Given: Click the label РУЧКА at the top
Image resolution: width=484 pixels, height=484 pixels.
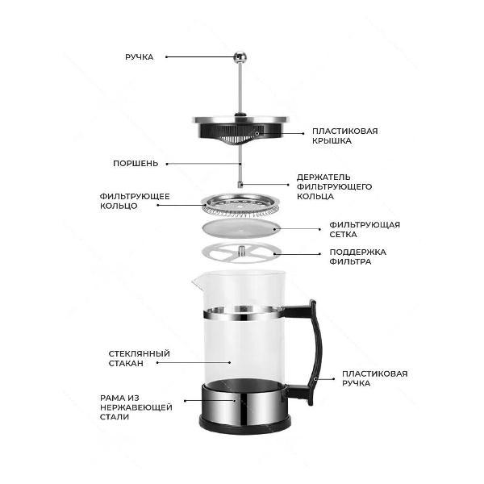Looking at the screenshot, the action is click(x=140, y=57).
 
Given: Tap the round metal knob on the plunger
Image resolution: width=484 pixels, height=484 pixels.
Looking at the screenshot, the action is click(x=240, y=56).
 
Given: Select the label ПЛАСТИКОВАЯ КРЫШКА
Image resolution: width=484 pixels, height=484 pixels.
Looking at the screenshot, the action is click(x=344, y=136).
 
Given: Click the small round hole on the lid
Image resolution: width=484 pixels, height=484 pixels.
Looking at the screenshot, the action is click(x=257, y=134).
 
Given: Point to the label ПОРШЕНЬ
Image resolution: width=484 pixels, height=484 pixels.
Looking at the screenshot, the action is click(x=136, y=164).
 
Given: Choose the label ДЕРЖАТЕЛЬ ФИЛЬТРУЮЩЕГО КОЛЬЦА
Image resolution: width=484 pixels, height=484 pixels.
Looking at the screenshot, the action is click(x=334, y=187).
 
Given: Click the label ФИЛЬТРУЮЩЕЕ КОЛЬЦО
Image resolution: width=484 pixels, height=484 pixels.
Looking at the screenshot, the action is click(x=135, y=201).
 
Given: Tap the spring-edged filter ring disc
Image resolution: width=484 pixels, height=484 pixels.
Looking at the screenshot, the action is click(x=240, y=205).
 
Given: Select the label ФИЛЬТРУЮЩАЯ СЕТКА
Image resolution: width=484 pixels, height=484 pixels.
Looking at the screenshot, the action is click(x=365, y=229).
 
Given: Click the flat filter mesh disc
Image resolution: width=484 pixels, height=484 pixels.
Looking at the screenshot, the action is click(x=241, y=229).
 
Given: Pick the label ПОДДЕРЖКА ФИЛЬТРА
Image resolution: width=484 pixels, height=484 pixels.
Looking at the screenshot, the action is click(x=357, y=257).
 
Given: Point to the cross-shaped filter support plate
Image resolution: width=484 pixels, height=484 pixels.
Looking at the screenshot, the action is click(x=242, y=253).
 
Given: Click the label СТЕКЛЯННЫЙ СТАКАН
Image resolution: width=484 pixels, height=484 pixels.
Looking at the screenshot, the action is click(x=139, y=358).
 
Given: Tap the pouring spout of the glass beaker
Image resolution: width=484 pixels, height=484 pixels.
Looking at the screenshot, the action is click(x=196, y=282).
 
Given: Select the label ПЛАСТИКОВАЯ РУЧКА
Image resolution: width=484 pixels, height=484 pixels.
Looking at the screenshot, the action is click(x=375, y=378).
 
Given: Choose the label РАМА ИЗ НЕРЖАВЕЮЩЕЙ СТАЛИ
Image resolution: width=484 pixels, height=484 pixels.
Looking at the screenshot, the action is click(x=136, y=407).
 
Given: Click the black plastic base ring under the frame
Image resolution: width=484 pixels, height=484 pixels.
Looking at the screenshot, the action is click(x=245, y=426).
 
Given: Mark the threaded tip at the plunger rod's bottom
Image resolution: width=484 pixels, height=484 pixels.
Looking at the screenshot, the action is click(x=240, y=185).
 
